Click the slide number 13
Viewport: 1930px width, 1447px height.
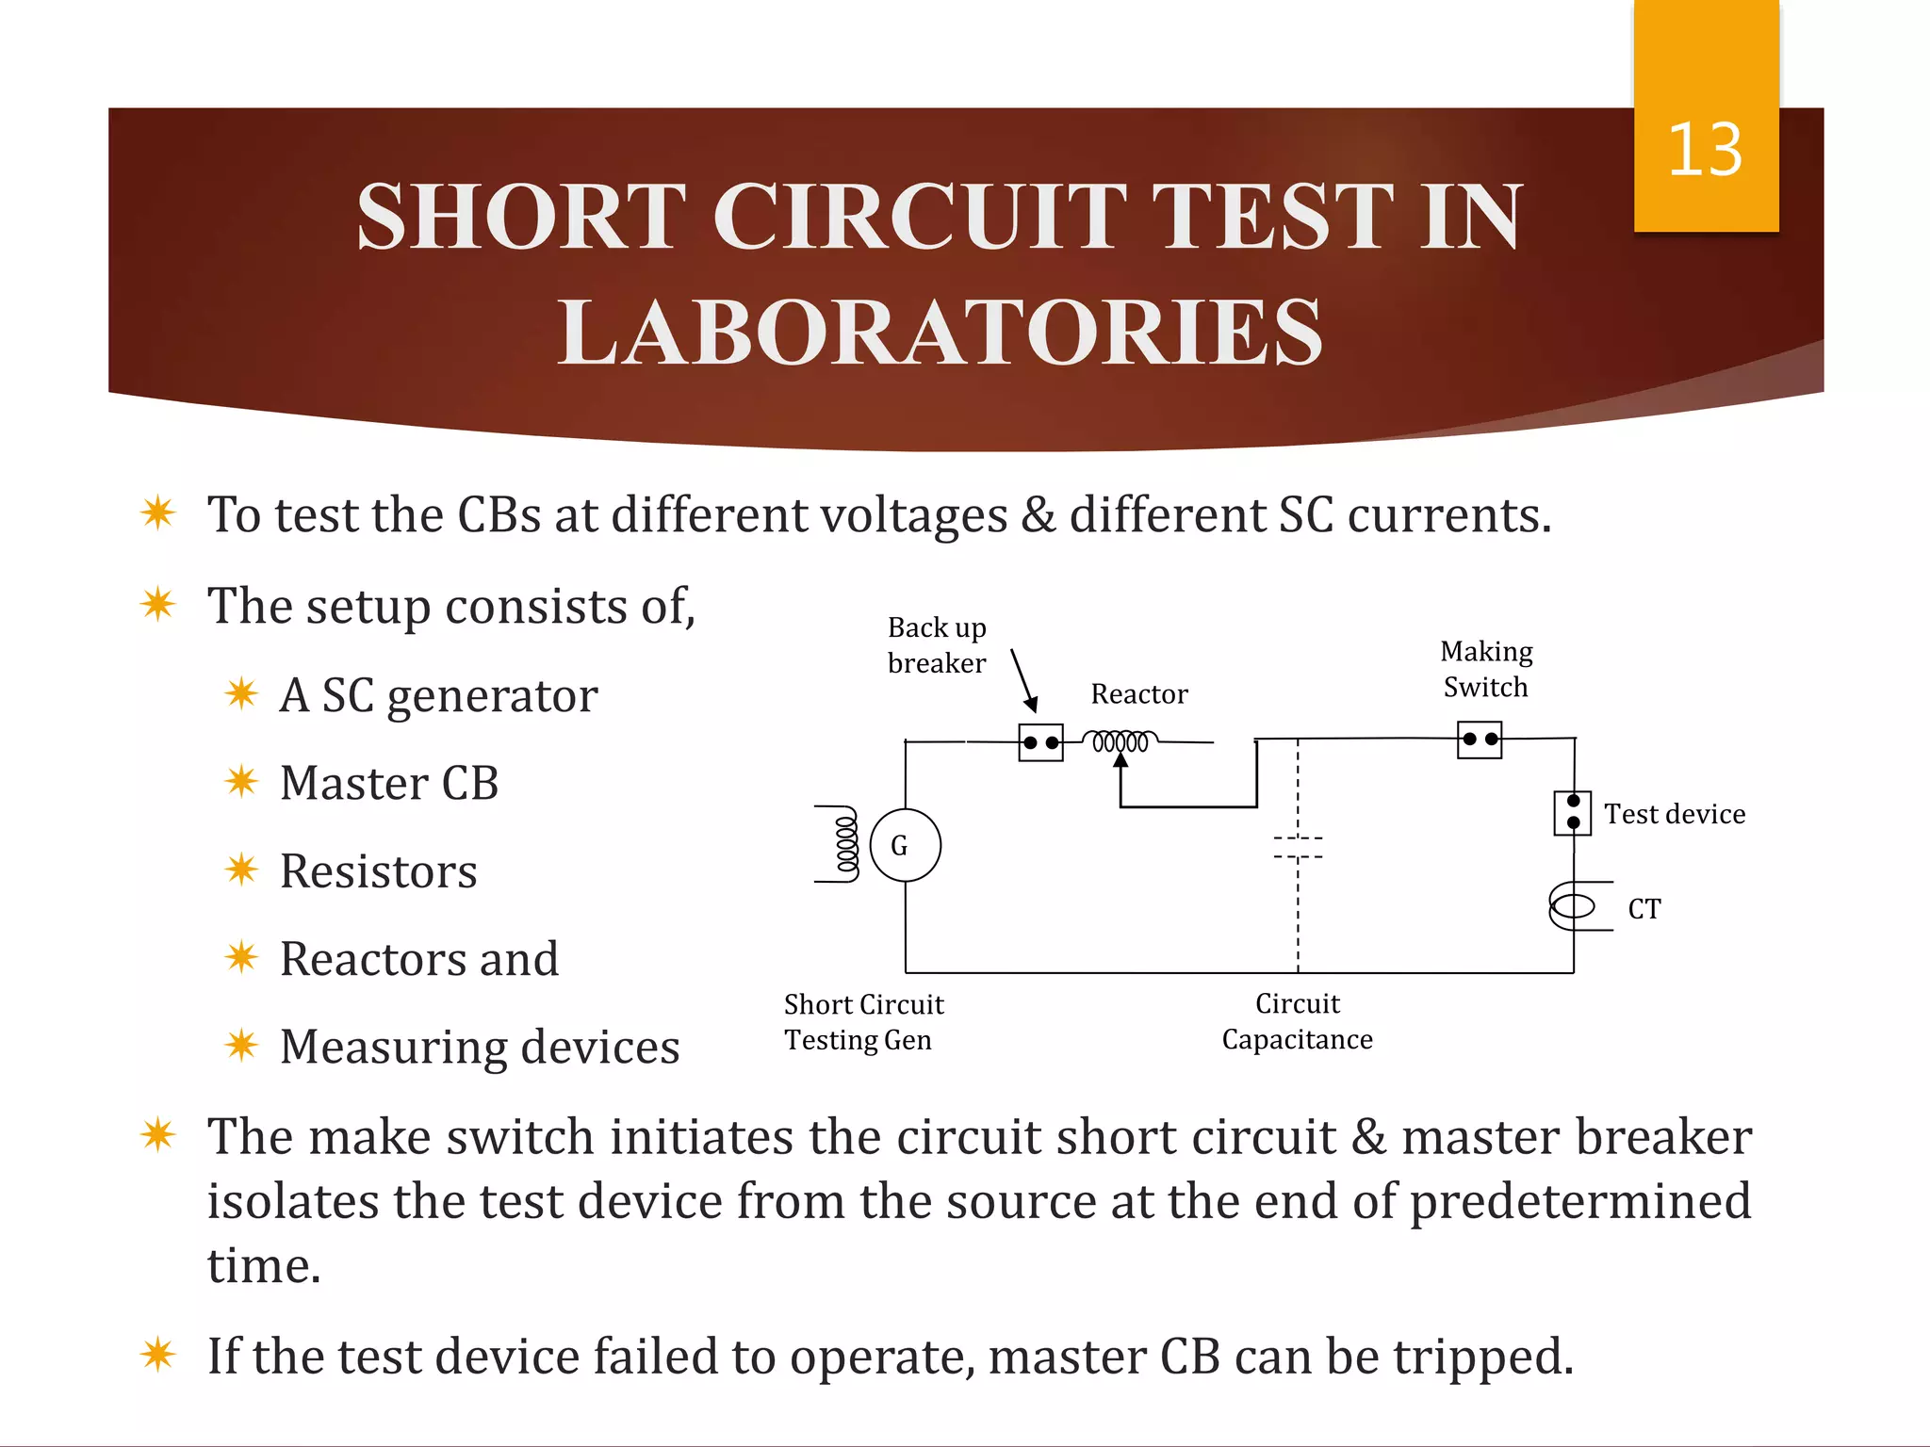click(1705, 150)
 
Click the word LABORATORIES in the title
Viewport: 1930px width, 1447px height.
click(940, 332)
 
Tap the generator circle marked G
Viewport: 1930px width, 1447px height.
click(905, 845)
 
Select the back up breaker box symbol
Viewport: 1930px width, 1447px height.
click(1040, 742)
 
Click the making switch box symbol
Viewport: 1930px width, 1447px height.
click(1480, 740)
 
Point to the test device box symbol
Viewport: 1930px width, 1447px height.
click(1573, 812)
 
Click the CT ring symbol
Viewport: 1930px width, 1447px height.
click(1573, 906)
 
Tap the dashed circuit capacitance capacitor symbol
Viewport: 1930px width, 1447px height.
click(1298, 847)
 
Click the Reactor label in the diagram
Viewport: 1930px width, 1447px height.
click(1138, 694)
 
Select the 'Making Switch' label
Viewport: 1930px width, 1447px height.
click(1486, 669)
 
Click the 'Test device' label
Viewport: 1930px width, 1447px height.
click(1675, 814)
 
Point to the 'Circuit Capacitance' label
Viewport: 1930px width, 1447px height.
click(1297, 1021)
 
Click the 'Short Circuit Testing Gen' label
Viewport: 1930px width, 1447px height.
click(863, 1022)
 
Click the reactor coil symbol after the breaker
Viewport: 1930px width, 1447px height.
click(1120, 741)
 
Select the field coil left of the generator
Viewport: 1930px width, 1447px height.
click(844, 844)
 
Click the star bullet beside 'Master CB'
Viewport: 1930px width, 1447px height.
click(241, 782)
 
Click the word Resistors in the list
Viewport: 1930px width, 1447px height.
click(378, 870)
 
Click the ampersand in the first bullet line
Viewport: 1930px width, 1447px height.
click(1039, 515)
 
